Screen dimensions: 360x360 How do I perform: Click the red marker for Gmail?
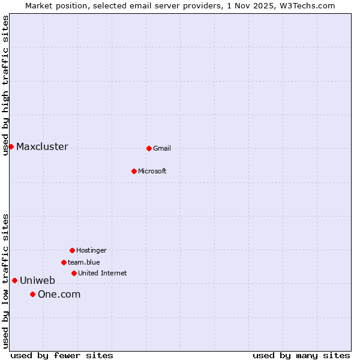[x=149, y=148]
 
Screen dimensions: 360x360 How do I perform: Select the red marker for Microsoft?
[x=134, y=171]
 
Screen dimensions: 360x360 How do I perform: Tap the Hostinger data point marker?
[x=72, y=250]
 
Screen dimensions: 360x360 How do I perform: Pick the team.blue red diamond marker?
[x=64, y=262]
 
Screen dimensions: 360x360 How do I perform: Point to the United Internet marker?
[x=74, y=273]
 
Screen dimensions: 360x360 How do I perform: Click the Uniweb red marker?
[x=14, y=280]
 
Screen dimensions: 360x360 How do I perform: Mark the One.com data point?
[x=32, y=294]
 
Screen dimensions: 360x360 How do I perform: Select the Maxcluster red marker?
[x=11, y=146]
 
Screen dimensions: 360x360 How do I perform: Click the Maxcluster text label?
[x=42, y=147]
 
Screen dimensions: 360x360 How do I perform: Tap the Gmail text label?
[x=162, y=148]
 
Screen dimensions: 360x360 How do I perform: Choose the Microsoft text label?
[x=152, y=171]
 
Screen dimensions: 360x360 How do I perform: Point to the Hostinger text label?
[x=91, y=250]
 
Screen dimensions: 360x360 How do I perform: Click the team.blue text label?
[x=84, y=262]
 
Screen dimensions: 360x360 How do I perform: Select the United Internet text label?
[x=103, y=273]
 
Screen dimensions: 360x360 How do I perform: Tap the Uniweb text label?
[x=37, y=280]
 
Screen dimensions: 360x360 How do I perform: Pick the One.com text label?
[x=59, y=294]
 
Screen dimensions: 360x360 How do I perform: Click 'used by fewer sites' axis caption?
[x=62, y=355]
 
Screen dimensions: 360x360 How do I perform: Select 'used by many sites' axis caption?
[x=301, y=355]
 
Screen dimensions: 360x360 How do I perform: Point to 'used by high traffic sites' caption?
[x=5, y=85]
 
